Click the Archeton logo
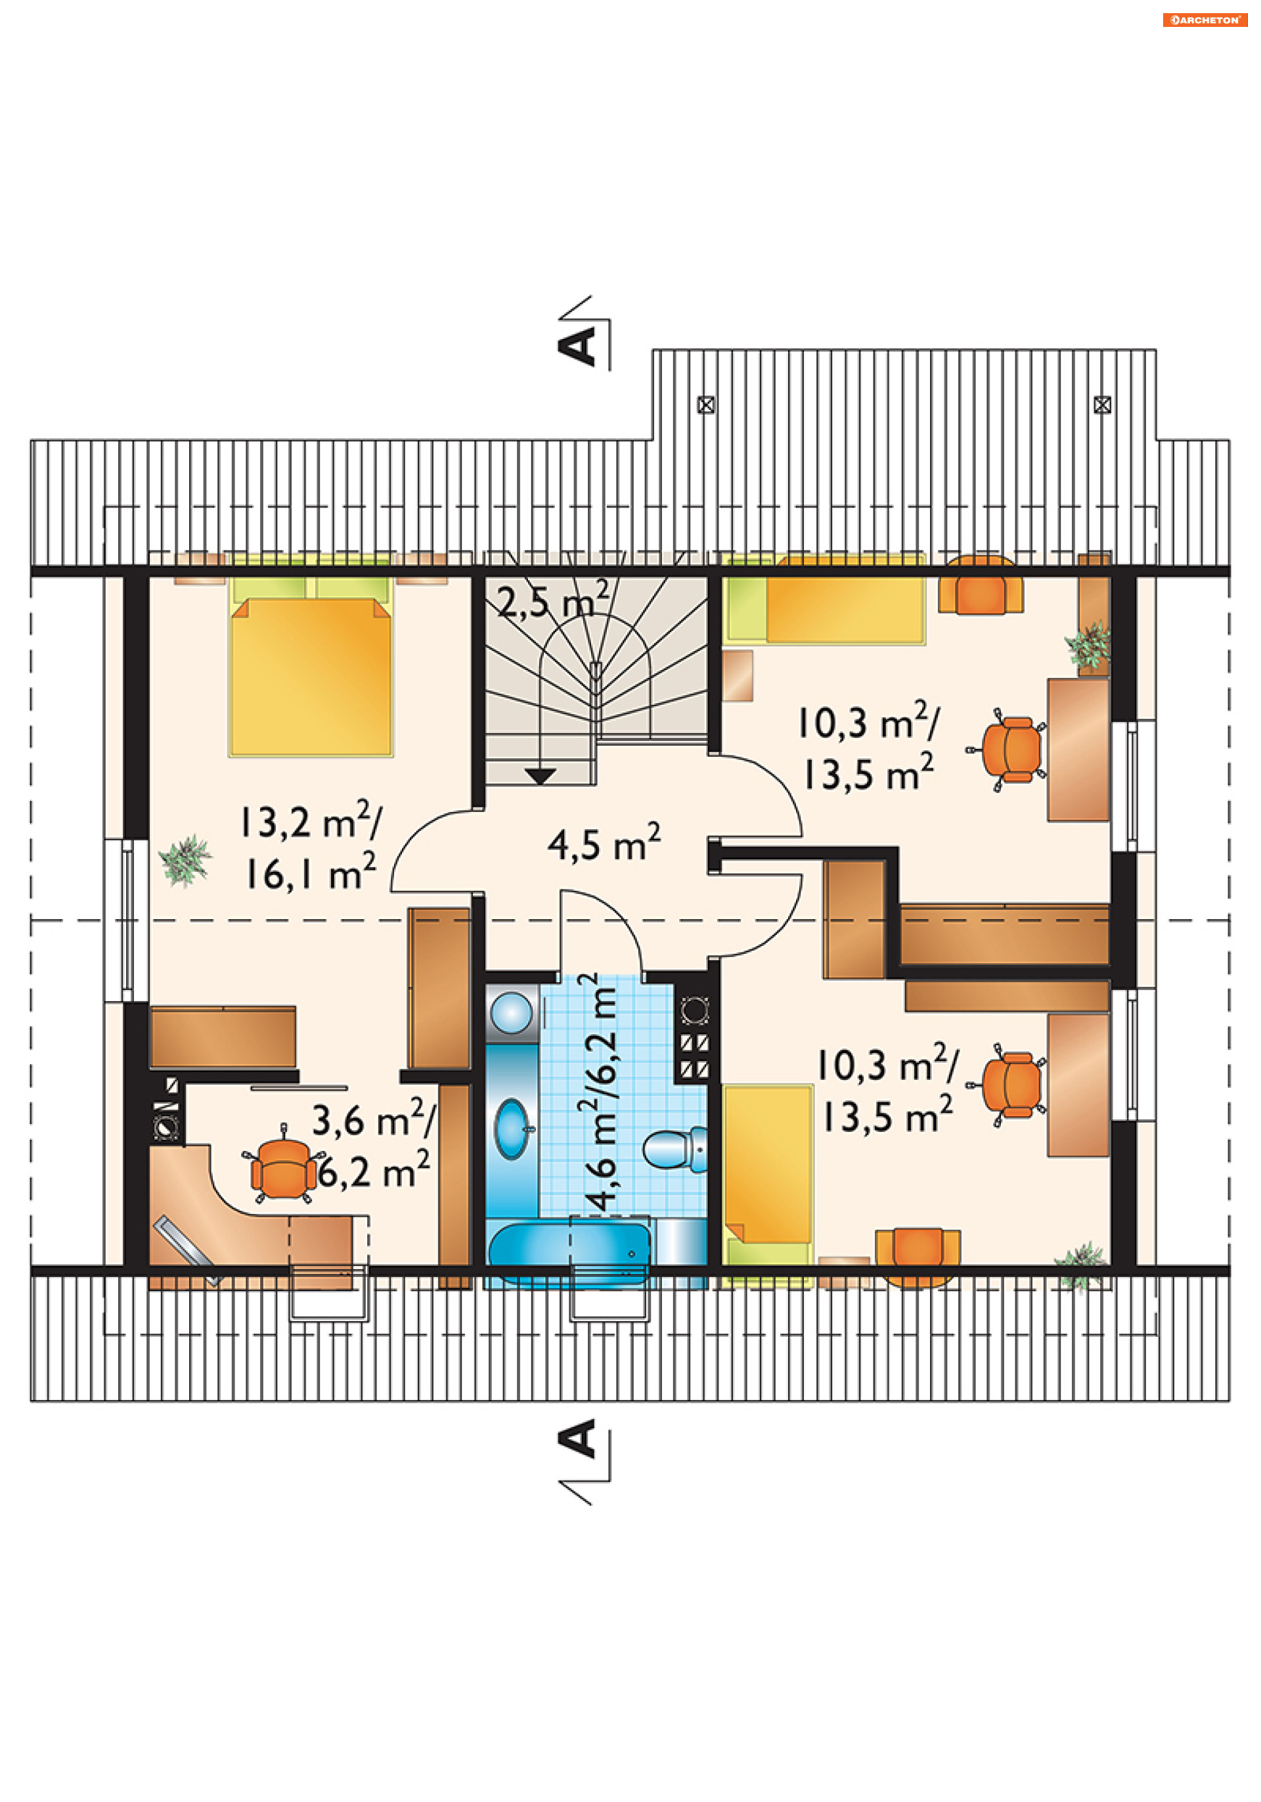point(1205,20)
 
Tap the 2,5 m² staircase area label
point(553,600)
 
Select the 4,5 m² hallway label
point(604,843)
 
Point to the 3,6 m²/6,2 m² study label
point(372,1144)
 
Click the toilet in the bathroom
point(675,1149)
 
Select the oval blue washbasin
point(512,1128)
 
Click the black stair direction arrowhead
point(540,775)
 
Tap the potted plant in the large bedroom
point(185,860)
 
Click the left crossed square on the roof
point(706,405)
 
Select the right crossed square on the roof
point(1101,405)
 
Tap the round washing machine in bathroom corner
point(511,1012)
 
